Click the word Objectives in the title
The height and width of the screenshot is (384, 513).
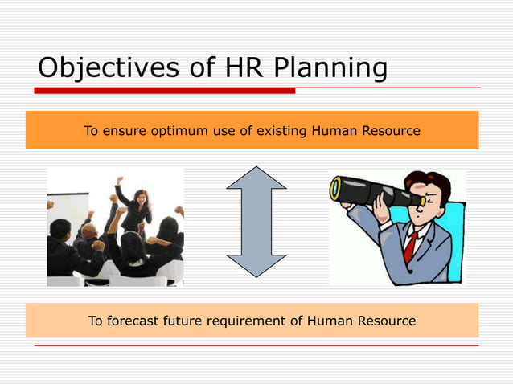[x=101, y=68]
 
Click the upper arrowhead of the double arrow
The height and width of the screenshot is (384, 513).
[x=256, y=178]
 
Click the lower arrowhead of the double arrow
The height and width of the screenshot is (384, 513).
[x=256, y=265]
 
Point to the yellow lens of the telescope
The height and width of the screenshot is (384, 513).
[x=335, y=189]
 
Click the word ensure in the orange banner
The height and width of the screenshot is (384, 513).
[x=123, y=130]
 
